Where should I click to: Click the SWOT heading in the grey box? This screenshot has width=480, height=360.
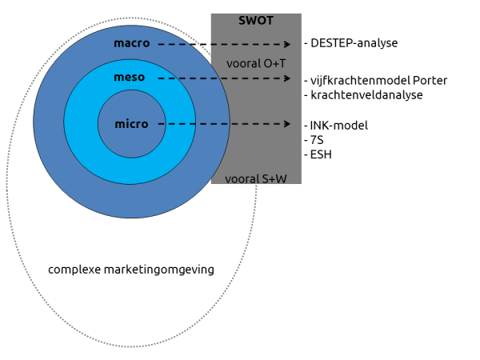(x=256, y=20)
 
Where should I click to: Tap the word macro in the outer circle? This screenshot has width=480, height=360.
(x=131, y=43)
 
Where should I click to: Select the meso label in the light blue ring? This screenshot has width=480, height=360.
(x=130, y=78)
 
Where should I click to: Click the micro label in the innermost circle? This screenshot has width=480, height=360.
(x=130, y=124)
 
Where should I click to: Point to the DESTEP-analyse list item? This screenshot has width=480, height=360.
(x=351, y=43)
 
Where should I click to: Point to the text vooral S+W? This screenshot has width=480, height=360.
(x=256, y=178)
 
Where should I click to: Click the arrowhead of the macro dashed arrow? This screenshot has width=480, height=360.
(x=287, y=45)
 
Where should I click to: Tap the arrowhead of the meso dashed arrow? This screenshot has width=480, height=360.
(x=287, y=78)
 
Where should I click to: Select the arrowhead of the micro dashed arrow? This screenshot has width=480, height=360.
(x=287, y=124)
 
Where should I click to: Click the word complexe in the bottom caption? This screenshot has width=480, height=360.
(x=74, y=270)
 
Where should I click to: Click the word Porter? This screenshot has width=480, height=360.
(x=430, y=80)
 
